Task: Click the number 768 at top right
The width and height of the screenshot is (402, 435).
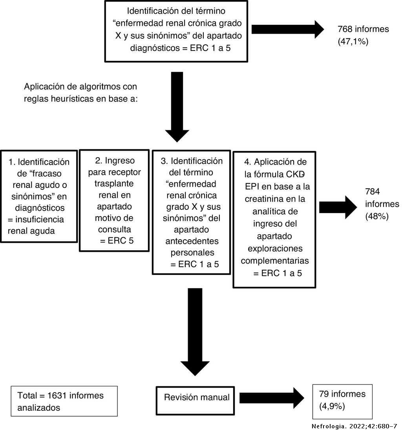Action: coord(345,29)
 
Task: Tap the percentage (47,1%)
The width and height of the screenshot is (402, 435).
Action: coord(353,42)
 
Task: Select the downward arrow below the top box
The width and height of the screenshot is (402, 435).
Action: coord(177,106)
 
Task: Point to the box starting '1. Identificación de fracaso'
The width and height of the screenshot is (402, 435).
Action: coord(38,196)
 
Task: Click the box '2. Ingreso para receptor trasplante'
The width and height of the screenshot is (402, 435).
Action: coord(114,200)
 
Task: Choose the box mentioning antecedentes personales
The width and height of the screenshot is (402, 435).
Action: coord(191,212)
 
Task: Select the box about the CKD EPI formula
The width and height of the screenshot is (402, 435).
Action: coord(274,219)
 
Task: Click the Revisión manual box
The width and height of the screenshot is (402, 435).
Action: coord(197,398)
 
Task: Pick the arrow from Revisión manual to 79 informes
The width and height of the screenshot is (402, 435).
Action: coord(271,398)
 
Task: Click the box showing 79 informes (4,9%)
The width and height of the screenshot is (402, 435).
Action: coord(342,400)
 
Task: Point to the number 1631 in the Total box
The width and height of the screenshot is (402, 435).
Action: coord(58,395)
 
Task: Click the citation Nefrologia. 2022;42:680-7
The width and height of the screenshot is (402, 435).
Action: coord(354,426)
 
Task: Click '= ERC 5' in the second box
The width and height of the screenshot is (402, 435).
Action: coord(117,240)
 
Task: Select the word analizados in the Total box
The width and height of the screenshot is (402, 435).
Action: coord(39,408)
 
